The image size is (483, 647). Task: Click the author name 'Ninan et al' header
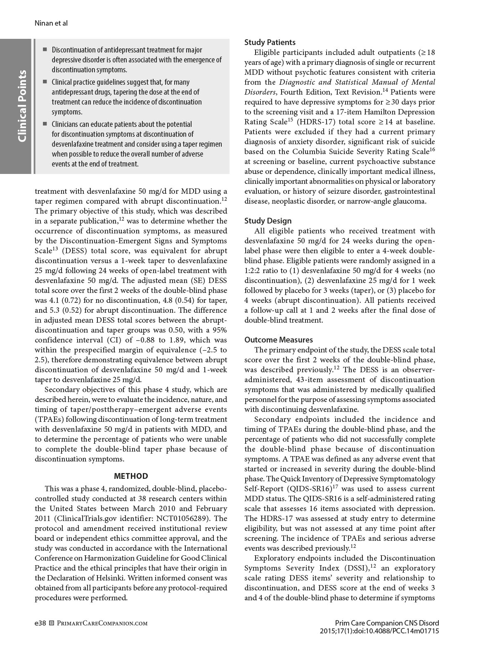[x=51, y=24]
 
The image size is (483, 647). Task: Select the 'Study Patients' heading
[x=270, y=42]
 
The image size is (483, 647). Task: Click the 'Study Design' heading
[x=268, y=221]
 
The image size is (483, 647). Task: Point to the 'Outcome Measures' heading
[x=279, y=340]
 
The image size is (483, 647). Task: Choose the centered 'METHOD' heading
[x=131, y=476]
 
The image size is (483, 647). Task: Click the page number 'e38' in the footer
[x=40, y=623]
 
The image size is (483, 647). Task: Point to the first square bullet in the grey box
[x=45, y=50]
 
